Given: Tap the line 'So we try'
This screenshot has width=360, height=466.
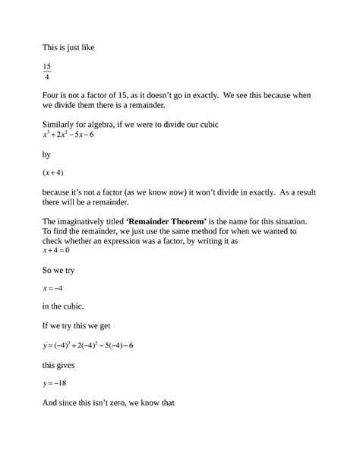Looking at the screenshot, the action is pyautogui.click(x=64, y=269).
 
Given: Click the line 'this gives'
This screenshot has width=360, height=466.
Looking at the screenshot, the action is pyautogui.click(x=64, y=365).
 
